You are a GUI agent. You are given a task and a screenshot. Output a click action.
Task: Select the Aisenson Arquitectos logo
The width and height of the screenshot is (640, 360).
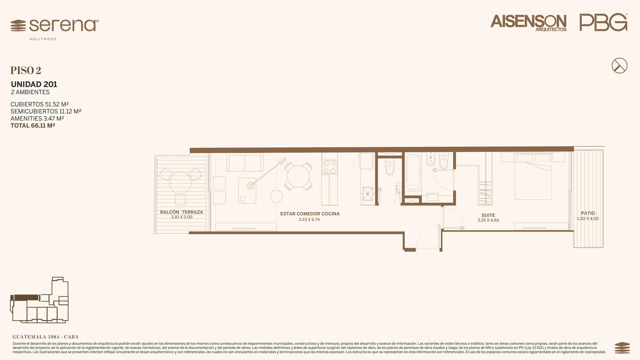(x=528, y=23)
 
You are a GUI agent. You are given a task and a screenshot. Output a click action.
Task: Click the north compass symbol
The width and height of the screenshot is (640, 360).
(x=620, y=66)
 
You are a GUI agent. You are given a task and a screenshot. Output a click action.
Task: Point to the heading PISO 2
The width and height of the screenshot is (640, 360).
(x=26, y=70)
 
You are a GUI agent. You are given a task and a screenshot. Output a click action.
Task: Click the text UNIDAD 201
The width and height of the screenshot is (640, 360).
(x=34, y=84)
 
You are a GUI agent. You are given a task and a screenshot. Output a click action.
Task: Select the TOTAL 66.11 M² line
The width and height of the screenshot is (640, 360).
(x=33, y=126)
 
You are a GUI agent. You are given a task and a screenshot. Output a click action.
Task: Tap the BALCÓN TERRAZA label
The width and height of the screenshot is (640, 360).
(x=182, y=212)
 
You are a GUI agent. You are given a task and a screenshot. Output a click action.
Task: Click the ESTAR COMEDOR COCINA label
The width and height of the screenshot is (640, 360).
(x=310, y=214)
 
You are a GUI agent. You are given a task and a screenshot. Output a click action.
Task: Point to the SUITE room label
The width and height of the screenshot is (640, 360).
(x=488, y=215)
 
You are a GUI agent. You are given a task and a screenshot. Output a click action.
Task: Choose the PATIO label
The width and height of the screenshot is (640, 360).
(x=588, y=213)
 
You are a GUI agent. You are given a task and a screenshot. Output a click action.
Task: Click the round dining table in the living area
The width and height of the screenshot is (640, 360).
(x=298, y=176)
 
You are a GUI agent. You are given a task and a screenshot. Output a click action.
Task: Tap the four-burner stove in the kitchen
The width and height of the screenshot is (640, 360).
(x=330, y=167)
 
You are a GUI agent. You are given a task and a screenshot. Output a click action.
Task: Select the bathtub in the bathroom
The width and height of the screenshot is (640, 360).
(x=413, y=172)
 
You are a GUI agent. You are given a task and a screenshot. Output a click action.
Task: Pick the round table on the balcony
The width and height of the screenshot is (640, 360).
(x=180, y=183)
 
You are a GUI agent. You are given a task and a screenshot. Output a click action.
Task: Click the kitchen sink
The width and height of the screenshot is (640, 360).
(x=368, y=194)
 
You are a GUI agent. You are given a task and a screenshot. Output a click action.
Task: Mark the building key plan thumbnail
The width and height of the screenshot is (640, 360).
(x=40, y=300)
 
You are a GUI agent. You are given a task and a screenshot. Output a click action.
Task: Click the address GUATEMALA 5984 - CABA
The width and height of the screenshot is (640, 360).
(x=46, y=337)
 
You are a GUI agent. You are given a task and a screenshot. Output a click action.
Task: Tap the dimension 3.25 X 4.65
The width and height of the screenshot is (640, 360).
(x=488, y=220)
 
